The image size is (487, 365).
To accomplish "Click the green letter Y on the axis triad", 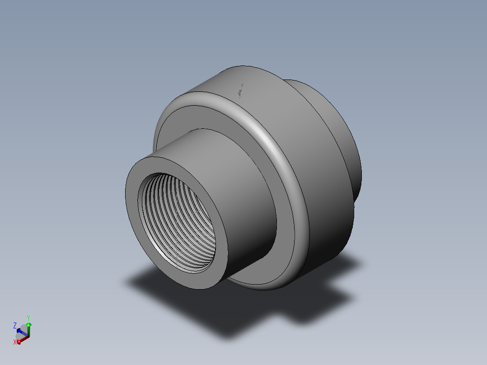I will [28, 318].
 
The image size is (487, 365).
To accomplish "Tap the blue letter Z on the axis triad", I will [15, 325].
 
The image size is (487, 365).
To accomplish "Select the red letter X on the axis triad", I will [15, 342].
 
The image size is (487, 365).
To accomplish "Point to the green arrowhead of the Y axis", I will [29, 324].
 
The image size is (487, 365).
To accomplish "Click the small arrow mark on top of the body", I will [241, 91].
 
